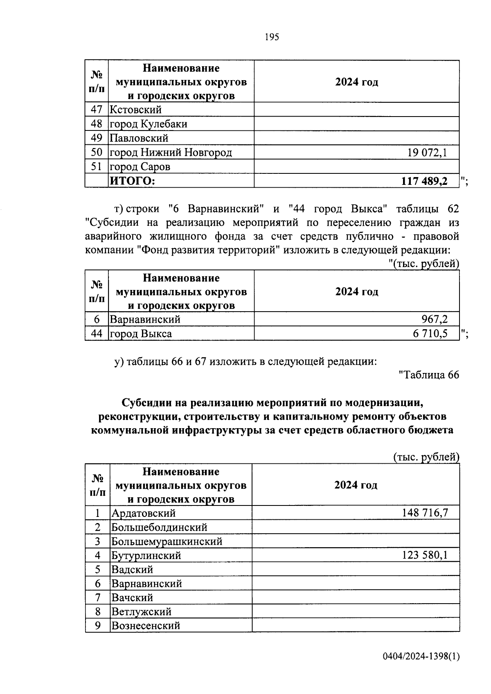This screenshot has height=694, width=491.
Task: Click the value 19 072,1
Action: click(x=427, y=153)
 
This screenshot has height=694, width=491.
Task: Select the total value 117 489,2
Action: click(x=425, y=181)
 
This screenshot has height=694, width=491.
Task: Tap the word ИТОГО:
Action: click(x=132, y=181)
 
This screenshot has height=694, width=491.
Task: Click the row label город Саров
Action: click(x=140, y=167)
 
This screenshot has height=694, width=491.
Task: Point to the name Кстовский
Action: click(x=135, y=110)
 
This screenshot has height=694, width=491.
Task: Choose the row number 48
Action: click(x=96, y=124)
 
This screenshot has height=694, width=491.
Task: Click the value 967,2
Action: click(x=435, y=319)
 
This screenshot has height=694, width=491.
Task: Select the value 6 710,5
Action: click(x=430, y=333)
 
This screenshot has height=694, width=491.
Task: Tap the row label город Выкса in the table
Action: click(x=141, y=333)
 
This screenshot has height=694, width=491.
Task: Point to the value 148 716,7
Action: click(x=426, y=513)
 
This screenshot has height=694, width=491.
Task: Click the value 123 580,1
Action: click(x=425, y=555)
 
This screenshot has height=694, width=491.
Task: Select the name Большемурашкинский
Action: click(x=167, y=541)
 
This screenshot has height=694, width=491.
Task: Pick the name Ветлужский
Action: click(x=142, y=612)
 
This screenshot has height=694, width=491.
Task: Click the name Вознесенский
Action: click(x=146, y=626)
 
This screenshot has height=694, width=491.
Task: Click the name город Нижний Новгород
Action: click(x=171, y=153)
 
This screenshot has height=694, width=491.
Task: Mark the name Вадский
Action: click(x=133, y=569)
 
